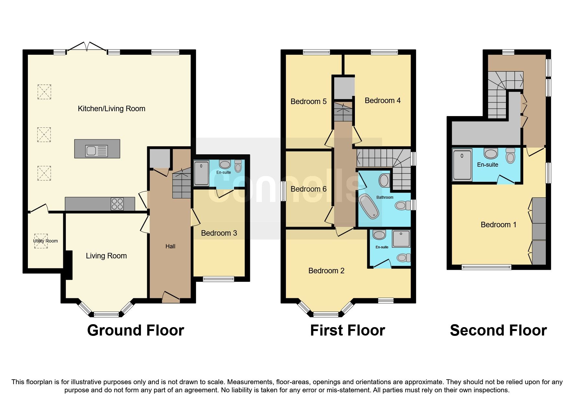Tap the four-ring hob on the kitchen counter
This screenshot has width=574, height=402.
(117, 204)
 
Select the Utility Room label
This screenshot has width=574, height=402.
(45, 241)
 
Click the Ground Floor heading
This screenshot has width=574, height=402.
(135, 330)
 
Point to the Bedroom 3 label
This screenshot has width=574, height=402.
(219, 233)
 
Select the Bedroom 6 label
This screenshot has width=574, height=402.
(308, 189)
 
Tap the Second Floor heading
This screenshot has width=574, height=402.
(498, 330)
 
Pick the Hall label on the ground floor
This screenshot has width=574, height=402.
(170, 246)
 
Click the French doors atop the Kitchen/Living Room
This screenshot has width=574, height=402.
(86, 48)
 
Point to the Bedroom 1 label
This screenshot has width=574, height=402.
(498, 225)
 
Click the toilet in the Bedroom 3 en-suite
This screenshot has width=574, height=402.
(238, 166)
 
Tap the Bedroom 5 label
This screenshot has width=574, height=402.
(308, 101)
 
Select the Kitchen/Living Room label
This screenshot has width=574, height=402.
(111, 109)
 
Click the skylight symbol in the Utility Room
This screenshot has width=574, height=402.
(41, 241)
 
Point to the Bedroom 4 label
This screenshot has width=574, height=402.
(382, 100)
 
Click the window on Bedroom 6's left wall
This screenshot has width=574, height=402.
(283, 191)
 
